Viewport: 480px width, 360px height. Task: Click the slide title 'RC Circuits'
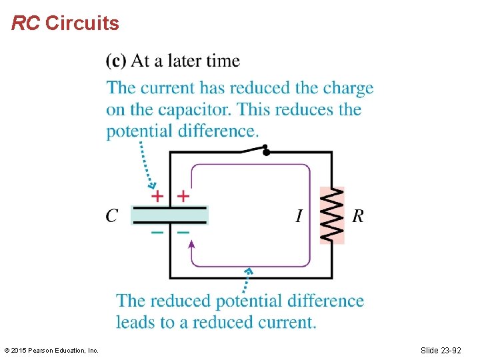65,24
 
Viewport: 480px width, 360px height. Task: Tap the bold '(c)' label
116,61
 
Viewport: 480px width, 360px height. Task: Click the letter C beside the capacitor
112,216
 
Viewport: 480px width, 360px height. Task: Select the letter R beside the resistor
358,216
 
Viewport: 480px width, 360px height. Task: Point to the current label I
299,216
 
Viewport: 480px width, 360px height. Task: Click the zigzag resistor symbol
332,215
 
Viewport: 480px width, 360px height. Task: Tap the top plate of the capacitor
169,209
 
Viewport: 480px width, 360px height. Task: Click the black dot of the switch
266,151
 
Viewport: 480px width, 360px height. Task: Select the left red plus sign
157,196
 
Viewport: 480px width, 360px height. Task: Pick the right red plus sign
183,196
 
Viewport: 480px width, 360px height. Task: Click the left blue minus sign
157,233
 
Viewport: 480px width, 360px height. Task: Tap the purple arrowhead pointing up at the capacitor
192,244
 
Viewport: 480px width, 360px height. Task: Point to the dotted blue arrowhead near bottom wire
249,272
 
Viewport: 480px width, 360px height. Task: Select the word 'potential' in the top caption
139,131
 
